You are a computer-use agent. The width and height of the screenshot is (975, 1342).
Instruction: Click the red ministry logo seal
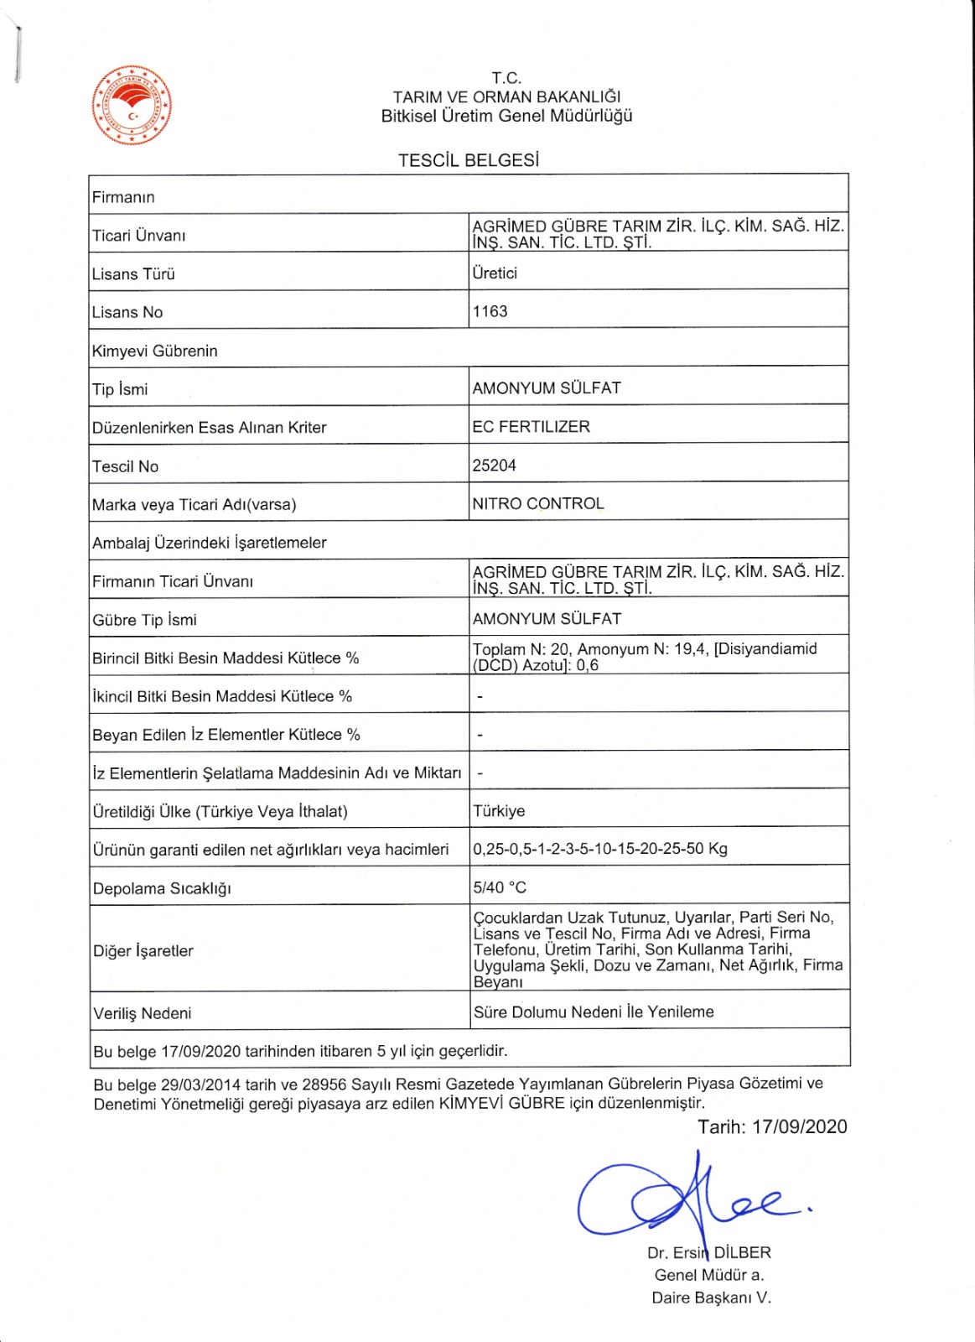[132, 106]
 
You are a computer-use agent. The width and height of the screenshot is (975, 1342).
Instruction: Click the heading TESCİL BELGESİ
[468, 160]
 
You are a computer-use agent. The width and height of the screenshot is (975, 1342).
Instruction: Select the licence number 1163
[490, 311]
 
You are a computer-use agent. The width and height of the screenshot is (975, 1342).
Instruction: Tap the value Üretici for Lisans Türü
[495, 273]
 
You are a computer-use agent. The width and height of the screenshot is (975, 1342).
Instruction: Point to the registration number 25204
[494, 466]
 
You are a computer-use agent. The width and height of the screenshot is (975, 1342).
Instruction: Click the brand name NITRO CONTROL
[537, 503]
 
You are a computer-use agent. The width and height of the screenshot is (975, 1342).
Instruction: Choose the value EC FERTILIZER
[531, 426]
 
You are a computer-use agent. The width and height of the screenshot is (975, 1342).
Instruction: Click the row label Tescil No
[125, 466]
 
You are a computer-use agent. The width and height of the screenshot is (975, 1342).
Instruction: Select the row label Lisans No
[127, 312]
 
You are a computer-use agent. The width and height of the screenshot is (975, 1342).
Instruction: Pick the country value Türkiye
[499, 811]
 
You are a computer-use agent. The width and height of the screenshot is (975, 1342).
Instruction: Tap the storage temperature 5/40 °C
[500, 887]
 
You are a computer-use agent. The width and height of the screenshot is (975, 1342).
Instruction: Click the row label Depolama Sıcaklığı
[162, 888]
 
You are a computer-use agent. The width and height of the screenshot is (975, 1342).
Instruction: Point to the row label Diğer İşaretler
[143, 950]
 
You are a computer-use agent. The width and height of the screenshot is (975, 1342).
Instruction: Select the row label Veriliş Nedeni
[143, 1013]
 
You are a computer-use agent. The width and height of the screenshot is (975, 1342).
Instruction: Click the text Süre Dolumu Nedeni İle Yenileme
[594, 1012]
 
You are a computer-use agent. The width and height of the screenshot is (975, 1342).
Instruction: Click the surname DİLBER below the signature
[742, 1252]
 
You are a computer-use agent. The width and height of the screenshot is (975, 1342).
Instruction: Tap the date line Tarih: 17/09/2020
[772, 1126]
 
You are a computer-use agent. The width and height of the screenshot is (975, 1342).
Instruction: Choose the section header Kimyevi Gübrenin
[154, 351]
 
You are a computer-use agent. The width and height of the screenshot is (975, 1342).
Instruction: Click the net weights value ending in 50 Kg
[600, 848]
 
